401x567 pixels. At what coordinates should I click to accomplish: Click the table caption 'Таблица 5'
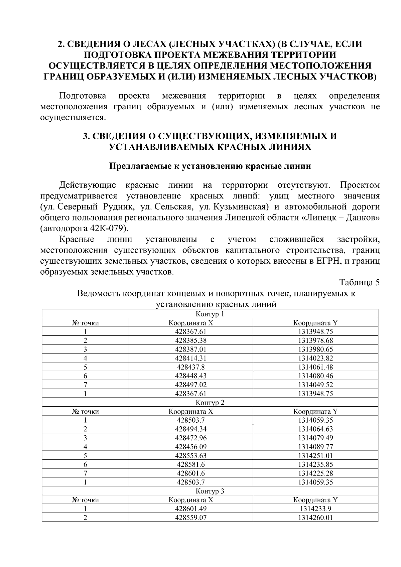tap(360, 283)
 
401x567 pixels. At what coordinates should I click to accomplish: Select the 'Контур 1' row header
tap(210, 314)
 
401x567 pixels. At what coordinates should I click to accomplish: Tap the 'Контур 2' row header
tap(210, 403)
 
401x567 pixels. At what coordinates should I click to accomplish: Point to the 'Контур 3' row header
tap(210, 491)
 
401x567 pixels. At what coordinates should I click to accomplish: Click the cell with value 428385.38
tap(190, 340)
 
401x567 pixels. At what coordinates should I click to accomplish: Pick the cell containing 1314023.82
tap(315, 358)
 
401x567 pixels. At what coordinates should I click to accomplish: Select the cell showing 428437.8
tap(190, 367)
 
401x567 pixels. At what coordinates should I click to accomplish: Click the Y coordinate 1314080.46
tap(315, 376)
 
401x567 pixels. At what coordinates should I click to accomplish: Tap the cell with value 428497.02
tap(190, 385)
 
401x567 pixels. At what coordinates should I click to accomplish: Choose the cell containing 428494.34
tap(190, 429)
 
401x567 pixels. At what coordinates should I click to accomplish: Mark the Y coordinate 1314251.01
tap(315, 456)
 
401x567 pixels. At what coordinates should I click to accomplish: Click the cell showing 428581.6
tap(190, 464)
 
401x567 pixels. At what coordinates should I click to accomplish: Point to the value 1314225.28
tap(315, 473)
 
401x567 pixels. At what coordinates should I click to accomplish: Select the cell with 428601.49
tap(190, 509)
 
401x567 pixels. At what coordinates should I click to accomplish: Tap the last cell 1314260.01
tap(315, 518)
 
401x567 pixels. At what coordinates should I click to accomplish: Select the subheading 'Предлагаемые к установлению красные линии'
tap(210, 166)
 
